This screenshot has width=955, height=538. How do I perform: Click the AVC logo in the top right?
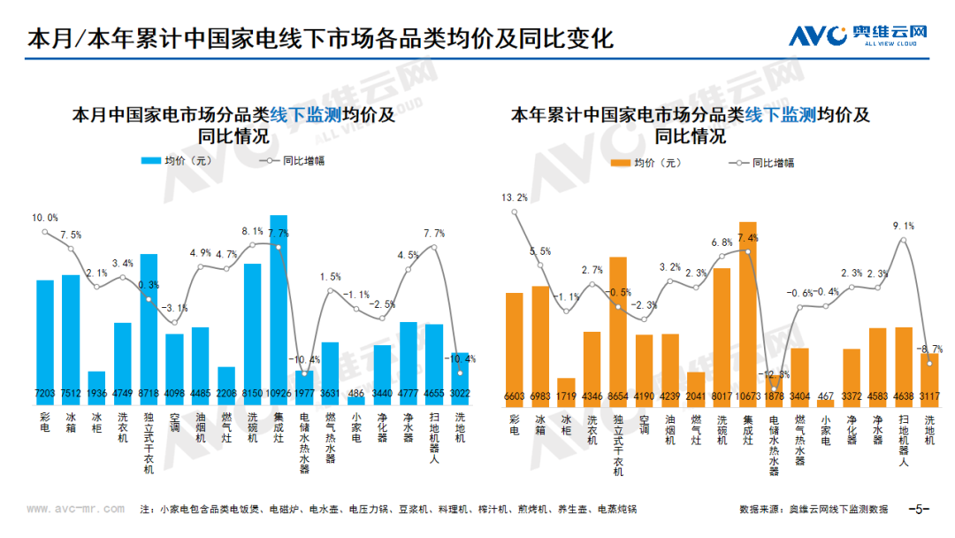pos(857,35)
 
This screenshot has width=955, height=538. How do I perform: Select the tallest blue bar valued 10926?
pos(279,301)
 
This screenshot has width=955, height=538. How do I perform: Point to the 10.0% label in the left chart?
pos(45,218)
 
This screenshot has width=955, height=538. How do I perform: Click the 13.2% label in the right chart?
pos(514,197)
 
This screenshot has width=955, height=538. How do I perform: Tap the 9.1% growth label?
pos(904,227)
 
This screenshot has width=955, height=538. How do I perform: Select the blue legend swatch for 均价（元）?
pos(150,161)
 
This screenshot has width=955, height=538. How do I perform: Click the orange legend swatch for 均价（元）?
pos(620,163)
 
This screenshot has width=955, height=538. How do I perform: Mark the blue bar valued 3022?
pos(460,376)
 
